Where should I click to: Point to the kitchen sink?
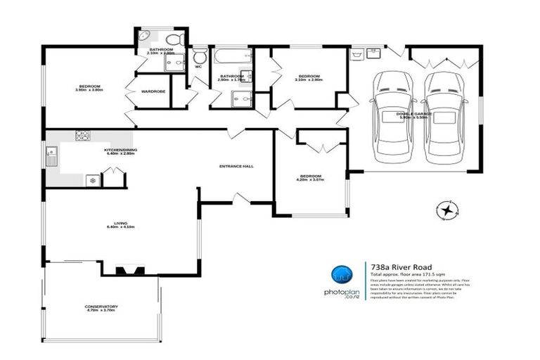coord(52,155)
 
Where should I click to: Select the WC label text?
coord(198,67)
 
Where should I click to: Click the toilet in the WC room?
coord(200,56)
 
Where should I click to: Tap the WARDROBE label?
coord(153,91)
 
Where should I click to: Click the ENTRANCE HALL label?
coord(236,167)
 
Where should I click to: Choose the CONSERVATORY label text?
coord(101,307)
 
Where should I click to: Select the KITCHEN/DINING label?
coord(120,150)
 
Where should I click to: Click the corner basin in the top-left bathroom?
coord(143,36)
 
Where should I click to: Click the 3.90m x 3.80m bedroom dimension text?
coord(89,89)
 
